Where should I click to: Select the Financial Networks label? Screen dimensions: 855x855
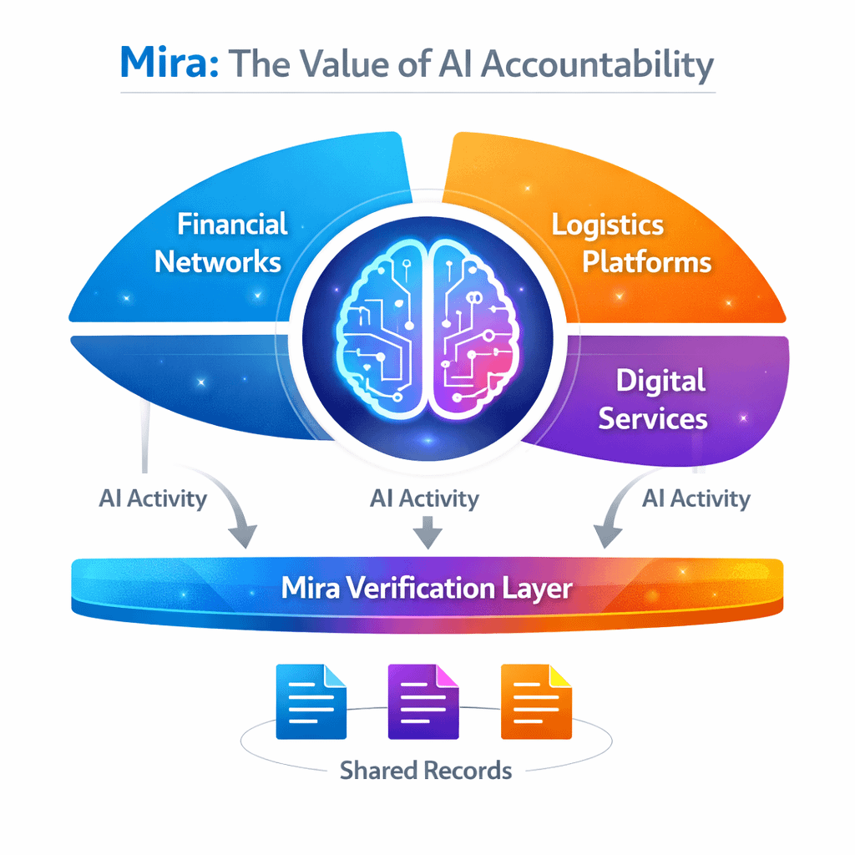coord(219,242)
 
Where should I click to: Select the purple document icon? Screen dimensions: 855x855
coord(423,701)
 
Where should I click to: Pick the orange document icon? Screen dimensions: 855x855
coord(536,701)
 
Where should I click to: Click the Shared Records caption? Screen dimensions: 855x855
coord(426,769)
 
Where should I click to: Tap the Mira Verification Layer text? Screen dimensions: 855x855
coord(427,588)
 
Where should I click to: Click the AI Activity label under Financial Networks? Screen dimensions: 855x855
coord(153,498)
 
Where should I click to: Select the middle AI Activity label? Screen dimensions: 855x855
coord(424,499)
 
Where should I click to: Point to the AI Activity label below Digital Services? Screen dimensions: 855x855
coord(696,499)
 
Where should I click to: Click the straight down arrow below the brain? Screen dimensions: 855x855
coord(427,533)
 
